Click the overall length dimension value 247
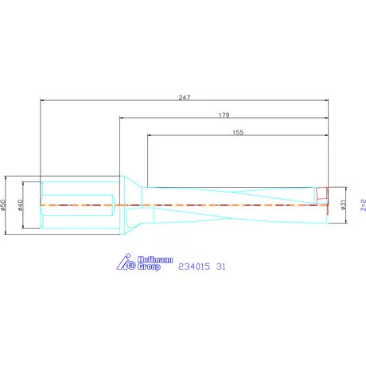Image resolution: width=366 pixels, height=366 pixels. point(185,95)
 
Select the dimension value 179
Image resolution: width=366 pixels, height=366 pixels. point(224,115)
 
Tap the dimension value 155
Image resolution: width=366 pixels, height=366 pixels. point(238,134)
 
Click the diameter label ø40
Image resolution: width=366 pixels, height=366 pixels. point(22,204)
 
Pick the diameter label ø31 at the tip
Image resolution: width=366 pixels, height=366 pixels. point(342,204)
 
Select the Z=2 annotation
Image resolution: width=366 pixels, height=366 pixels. point(362,204)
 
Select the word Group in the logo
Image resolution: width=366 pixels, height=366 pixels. point(150,267)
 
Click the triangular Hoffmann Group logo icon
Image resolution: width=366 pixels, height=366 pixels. point(126,263)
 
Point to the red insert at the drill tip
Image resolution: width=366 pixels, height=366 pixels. point(321,193)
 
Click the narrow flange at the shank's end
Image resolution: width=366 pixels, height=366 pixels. point(123,204)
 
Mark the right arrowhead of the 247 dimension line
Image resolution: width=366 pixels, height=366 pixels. point(326,100)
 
